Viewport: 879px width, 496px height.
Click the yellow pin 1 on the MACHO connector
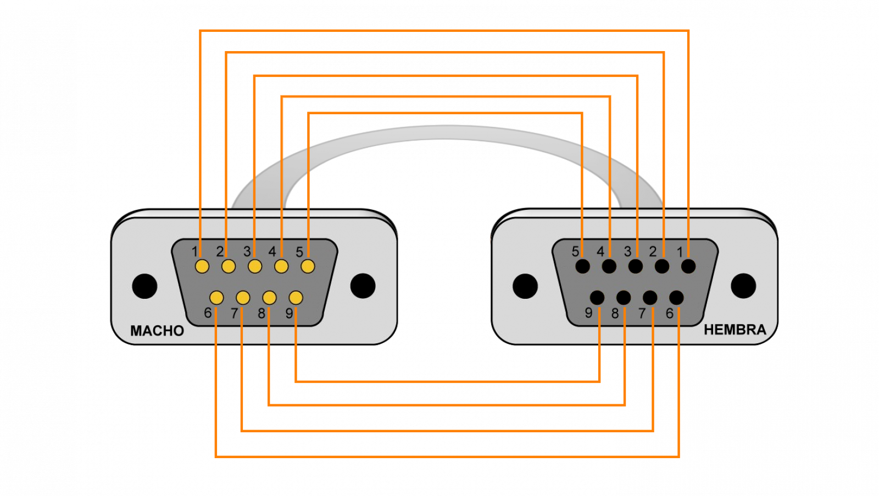coord(202,266)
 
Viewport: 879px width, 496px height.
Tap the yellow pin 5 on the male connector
coord(308,266)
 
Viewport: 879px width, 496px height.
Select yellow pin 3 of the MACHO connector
coord(255,266)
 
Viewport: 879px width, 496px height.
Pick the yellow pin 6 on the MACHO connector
coord(216,298)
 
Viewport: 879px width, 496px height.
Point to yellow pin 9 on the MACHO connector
coord(296,298)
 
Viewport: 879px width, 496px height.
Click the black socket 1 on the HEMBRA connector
coord(688,266)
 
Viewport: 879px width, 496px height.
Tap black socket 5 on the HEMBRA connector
coord(583,266)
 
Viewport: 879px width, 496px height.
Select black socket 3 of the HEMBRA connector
coord(635,266)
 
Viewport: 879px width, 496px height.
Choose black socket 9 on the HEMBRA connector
coord(597,298)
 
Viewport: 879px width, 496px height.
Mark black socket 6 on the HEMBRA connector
coord(676,298)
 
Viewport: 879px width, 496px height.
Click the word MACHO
coord(157,331)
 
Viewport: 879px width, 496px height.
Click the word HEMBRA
coord(735,330)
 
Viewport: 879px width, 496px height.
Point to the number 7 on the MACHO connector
coord(234,313)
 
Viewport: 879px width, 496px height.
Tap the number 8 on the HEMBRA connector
coord(615,313)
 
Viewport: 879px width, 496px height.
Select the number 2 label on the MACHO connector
coord(220,251)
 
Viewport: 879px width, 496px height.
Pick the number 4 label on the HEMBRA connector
coord(600,251)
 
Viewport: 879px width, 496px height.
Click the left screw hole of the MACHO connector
coord(145,286)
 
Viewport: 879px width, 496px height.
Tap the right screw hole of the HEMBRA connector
coord(743,286)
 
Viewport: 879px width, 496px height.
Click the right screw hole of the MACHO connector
coord(363,286)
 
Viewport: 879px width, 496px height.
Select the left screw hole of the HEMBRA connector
coord(525,286)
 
